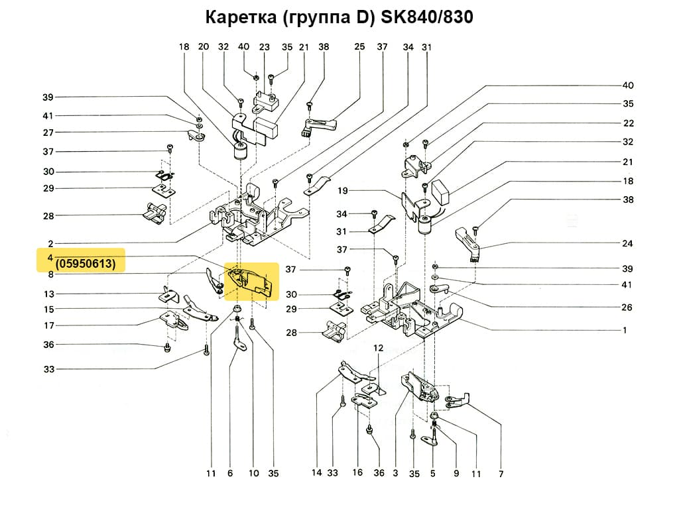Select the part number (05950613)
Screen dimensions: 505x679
pos(86,264)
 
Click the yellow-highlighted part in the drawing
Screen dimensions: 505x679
pos(251,282)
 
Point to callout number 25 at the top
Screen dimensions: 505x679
pos(359,47)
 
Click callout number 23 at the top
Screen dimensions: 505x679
pos(265,47)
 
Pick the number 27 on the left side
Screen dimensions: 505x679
pos(48,133)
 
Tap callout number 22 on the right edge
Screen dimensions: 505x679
pos(627,123)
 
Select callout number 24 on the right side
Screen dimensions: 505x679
pos(627,243)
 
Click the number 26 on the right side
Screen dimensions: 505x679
pos(627,308)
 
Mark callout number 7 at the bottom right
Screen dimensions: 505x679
pos(501,474)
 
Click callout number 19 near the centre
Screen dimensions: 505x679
pos(343,191)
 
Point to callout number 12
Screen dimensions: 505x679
pos(378,348)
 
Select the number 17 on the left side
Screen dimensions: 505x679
pos(48,325)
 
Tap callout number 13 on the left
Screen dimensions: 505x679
pos(48,294)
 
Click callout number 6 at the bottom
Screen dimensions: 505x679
pos(230,474)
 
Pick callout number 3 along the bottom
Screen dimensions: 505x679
pos(395,474)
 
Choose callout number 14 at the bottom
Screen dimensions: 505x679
pos(316,474)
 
